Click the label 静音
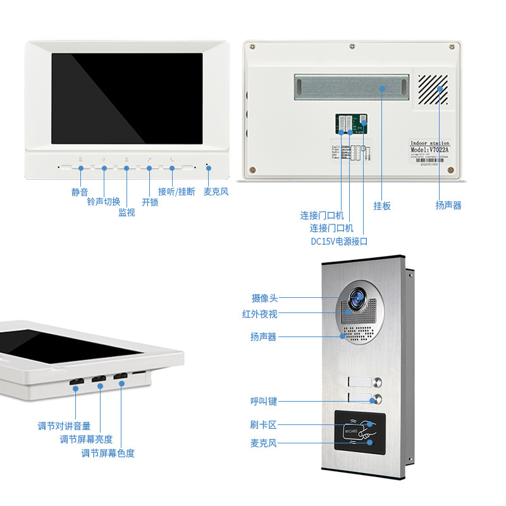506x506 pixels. click(80, 192)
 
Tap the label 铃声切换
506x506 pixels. click(103, 202)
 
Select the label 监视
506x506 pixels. click(126, 213)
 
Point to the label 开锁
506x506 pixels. click(150, 202)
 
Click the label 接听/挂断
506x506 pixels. click(176, 192)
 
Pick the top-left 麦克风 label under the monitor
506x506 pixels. click(216, 192)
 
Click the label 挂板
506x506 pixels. click(382, 206)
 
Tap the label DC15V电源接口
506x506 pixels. click(338, 242)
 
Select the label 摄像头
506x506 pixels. click(264, 298)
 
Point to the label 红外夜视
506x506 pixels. click(259, 314)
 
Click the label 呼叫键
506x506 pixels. click(263, 401)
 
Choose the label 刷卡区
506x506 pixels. click(263, 426)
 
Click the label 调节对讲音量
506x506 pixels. click(64, 426)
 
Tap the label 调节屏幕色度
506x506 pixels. click(108, 453)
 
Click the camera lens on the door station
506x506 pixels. click(359, 298)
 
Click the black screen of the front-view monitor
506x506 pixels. click(127, 98)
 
